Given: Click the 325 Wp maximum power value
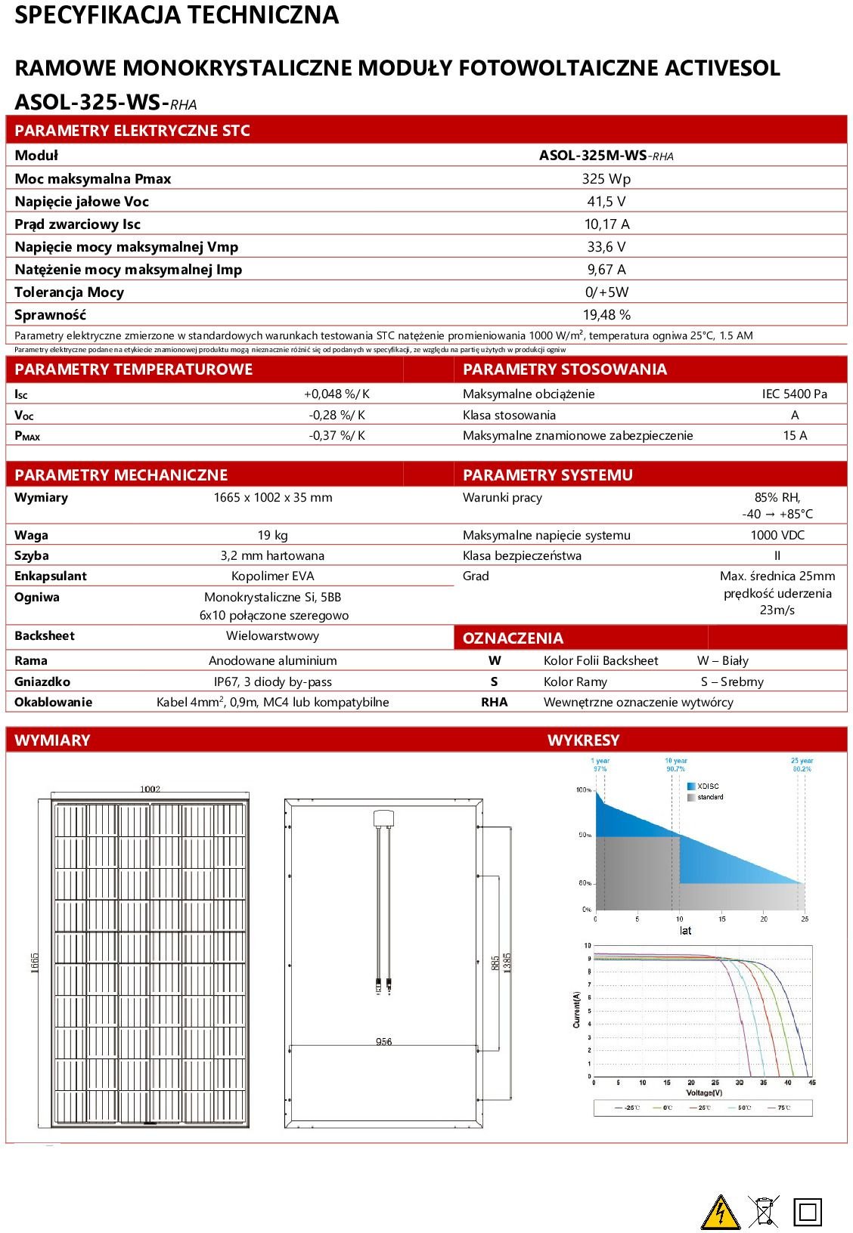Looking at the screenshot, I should pos(606,179).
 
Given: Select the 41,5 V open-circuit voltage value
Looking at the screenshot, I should pos(606,202).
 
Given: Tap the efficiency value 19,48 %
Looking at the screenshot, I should pos(606,315).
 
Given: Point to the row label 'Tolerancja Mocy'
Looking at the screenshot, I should pos(69,292).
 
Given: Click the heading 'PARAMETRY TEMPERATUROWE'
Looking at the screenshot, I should pos(133,369).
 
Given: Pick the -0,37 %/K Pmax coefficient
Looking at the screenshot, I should pos(337,436).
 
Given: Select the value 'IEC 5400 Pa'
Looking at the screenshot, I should pos(794,394).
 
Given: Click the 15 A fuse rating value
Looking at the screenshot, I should pos(794,436).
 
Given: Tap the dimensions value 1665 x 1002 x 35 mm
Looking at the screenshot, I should pos(272,498).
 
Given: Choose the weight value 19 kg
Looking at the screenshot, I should pos(272,536).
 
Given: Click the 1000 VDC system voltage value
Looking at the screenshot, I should pos(777,536).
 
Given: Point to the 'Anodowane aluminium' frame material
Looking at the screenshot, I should pos(272,661).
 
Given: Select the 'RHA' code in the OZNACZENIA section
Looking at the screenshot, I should pos(495,703).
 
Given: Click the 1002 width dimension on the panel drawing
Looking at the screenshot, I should pos(150,790).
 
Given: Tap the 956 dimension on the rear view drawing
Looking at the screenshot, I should pos(383,1042).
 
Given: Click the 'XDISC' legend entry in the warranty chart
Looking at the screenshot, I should pos(708,786).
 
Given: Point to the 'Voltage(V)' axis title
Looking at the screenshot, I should pos(703,1093).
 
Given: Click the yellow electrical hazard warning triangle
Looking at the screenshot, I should pos(720,1212).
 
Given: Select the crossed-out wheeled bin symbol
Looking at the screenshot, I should pos(764,1211).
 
